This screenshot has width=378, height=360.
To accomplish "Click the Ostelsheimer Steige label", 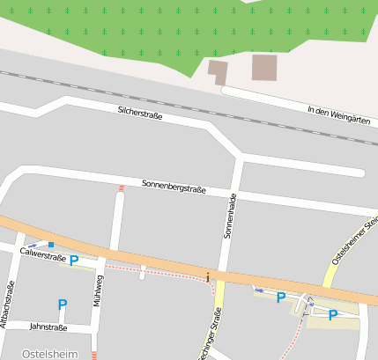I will [354, 238].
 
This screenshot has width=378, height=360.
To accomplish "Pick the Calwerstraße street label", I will [43, 255].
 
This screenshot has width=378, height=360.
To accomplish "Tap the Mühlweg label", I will [98, 290].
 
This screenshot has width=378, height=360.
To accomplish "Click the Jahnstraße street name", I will [48, 327].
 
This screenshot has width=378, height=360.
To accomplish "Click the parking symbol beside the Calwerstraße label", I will [74, 260].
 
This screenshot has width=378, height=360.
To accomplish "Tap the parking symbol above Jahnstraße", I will [62, 305].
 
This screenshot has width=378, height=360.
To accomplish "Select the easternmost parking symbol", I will [332, 314].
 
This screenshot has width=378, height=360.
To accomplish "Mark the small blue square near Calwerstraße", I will [51, 244].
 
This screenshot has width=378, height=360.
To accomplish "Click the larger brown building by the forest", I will [264, 67].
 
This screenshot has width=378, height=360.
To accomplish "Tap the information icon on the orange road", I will [208, 276].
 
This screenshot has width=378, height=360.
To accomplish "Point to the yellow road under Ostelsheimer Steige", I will [331, 273].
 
